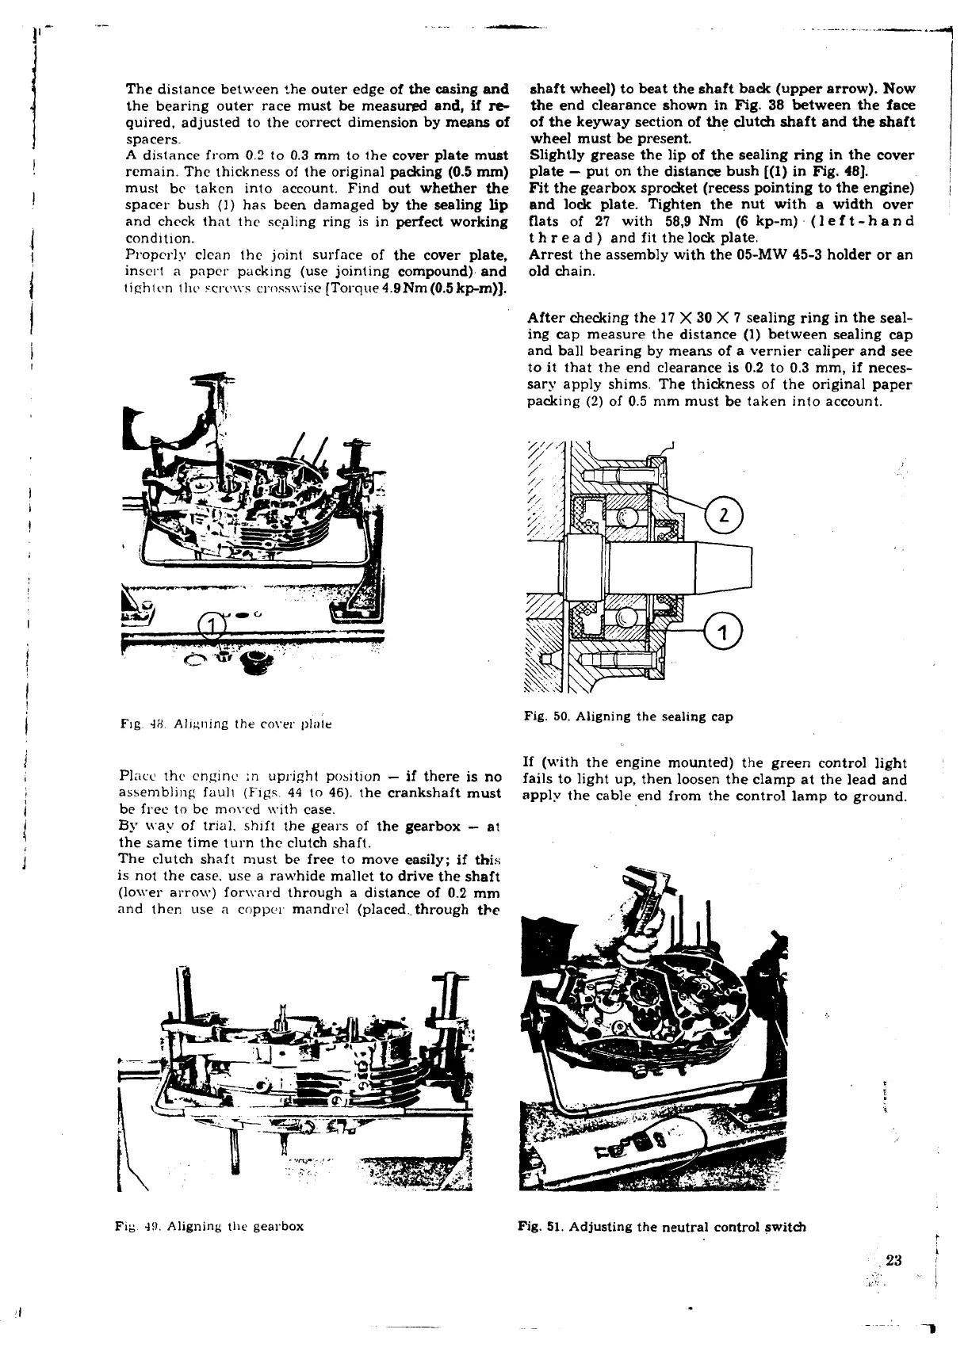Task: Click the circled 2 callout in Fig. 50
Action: click(721, 516)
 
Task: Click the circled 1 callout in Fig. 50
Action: click(721, 632)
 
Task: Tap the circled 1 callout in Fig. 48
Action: click(210, 626)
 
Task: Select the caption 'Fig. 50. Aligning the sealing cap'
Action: click(628, 716)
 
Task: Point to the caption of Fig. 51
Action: click(662, 1227)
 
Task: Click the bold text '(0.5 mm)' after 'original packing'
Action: click(479, 172)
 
